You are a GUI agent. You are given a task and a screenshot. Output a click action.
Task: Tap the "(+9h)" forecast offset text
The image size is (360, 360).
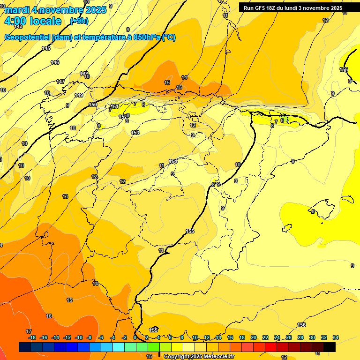click(78, 21)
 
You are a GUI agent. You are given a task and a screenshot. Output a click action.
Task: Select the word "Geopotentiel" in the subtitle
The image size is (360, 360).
click(27, 37)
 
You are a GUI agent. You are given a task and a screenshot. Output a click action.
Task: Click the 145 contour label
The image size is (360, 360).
click(46, 49)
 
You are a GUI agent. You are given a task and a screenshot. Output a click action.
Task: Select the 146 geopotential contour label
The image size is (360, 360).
click(55, 62)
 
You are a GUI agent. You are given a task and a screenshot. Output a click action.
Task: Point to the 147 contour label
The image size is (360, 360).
click(60, 82)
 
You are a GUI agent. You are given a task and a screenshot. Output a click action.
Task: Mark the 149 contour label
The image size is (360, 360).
click(79, 95)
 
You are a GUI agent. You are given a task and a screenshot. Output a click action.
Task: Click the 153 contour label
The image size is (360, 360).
click(135, 133)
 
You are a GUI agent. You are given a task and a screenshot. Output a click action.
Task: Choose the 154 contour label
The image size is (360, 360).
click(173, 162)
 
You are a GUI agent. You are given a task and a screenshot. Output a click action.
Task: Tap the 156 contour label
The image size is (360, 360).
click(301, 325)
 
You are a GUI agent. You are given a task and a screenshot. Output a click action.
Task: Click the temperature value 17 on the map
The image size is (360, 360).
click(29, 331)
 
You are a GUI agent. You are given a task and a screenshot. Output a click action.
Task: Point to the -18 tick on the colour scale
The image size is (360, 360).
click(32, 337)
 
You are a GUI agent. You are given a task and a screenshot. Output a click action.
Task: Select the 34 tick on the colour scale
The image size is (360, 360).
click(336, 337)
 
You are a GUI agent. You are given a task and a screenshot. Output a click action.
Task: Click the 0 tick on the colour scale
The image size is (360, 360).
click(135, 337)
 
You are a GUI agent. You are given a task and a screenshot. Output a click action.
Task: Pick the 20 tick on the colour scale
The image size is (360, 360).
click(254, 337)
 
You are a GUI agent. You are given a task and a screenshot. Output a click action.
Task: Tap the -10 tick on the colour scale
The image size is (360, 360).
click(78, 337)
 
